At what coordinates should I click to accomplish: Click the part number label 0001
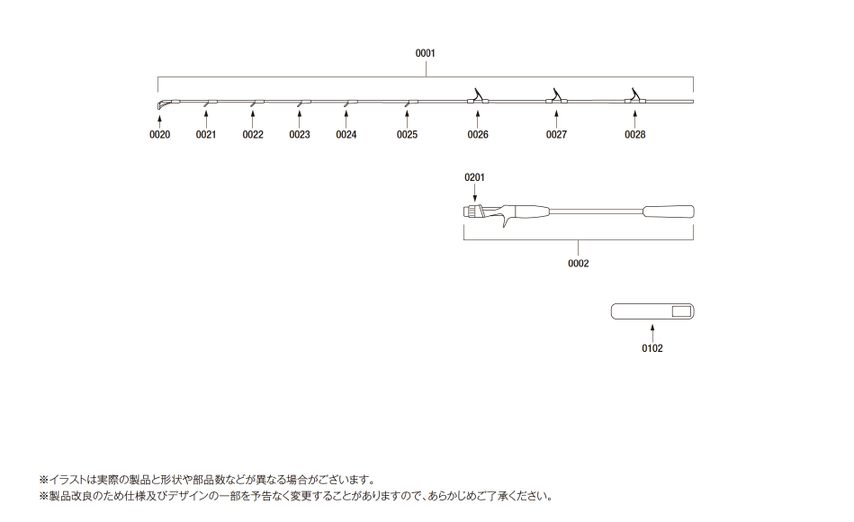tap(426, 53)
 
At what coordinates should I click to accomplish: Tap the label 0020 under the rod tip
tap(159, 135)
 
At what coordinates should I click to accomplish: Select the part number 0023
tap(300, 135)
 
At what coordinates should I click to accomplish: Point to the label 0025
tap(407, 135)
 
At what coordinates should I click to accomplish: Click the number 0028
tap(635, 135)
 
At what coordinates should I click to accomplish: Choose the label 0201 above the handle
tap(474, 177)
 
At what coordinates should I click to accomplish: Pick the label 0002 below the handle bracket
tap(579, 263)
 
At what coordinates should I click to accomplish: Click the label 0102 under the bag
tap(652, 348)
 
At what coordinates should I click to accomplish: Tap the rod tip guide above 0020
tap(164, 103)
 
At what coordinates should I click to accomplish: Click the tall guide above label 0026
tap(478, 96)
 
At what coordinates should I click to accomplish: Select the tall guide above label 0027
tap(556, 96)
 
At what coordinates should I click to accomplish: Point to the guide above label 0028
tap(634, 96)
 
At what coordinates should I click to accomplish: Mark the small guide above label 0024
tap(349, 103)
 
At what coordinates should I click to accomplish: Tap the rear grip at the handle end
tap(669, 211)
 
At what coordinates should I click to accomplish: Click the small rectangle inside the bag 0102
tap(681, 311)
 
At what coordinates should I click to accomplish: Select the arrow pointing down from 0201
tap(475, 193)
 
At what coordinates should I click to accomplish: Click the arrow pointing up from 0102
tap(652, 333)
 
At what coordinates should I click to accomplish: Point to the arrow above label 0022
tap(253, 119)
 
